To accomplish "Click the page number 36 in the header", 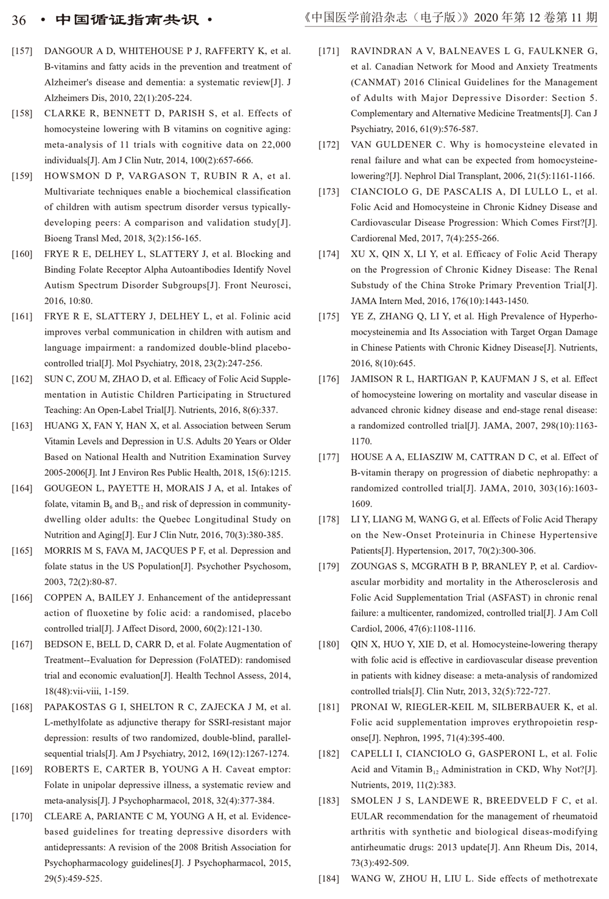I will pos(19,20).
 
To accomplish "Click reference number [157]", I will pos(22,51).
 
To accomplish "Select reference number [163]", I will pos(22,426).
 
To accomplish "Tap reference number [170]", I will pos(22,816).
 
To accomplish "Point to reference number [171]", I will pos(329,51).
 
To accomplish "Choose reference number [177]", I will pos(329,457).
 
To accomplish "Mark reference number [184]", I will pos(329,878).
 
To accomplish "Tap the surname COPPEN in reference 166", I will pos(62,598).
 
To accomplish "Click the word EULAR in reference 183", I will pos(367,816).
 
